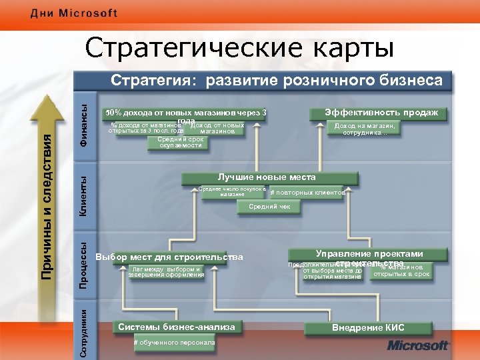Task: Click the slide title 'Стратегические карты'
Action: coord(239,48)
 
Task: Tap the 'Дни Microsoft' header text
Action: coord(73,13)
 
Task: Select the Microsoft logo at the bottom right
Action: coord(417,345)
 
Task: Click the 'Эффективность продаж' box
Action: coord(381,113)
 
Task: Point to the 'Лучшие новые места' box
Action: coord(267,177)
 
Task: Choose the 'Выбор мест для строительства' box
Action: coord(169,257)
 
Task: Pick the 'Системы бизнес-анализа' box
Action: coord(176,327)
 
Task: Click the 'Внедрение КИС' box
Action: coord(367,327)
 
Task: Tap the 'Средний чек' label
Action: coord(269,207)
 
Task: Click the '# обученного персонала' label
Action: coord(174,342)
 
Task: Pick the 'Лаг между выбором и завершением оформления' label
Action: coord(166,272)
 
